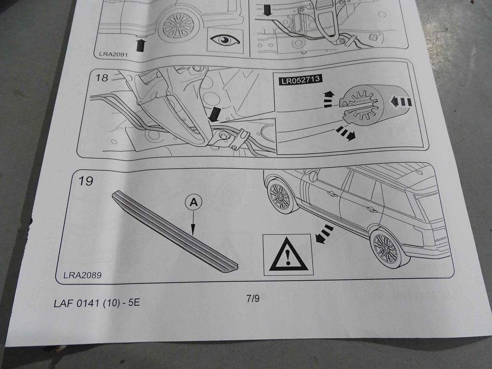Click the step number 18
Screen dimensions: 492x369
tap(101, 77)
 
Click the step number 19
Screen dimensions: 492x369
tap(86, 181)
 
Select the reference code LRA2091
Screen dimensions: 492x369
tap(113, 54)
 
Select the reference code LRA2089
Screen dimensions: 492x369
tap(83, 275)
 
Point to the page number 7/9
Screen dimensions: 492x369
tap(253, 298)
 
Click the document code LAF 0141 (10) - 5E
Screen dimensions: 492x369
tap(97, 303)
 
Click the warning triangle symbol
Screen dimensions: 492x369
tap(288, 255)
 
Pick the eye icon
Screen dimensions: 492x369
tap(225, 40)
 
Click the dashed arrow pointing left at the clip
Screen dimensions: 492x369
tap(400, 102)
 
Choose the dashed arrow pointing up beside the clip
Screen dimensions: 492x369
tap(328, 99)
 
